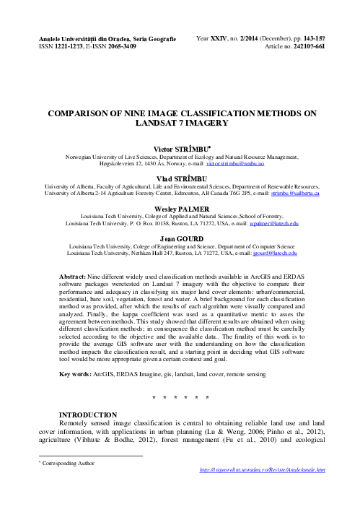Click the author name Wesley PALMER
coord(180,208)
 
